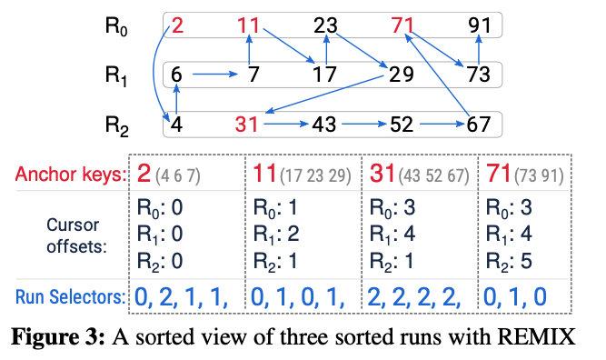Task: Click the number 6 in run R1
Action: click(x=177, y=75)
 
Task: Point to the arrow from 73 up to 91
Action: click(x=479, y=50)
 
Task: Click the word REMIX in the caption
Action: click(x=535, y=338)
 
